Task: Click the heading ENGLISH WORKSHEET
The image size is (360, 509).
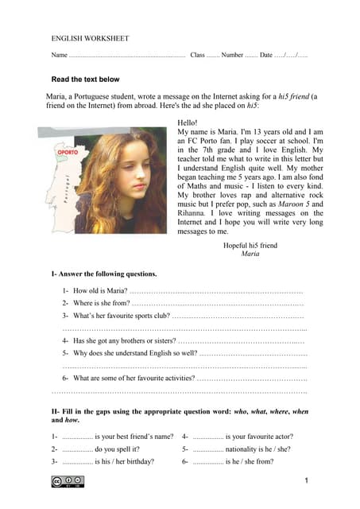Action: coord(90,38)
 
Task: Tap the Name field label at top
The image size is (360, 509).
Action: coord(60,55)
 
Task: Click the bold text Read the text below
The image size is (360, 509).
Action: coord(85,80)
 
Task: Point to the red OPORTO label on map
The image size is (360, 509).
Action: coord(68,152)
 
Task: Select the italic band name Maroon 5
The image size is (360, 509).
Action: coord(300,204)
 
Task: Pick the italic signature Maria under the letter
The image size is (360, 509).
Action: coord(250,254)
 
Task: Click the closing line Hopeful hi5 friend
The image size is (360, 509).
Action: coord(250,246)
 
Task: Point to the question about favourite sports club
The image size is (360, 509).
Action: coord(119,316)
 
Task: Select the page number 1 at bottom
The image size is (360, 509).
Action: coord(306,482)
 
